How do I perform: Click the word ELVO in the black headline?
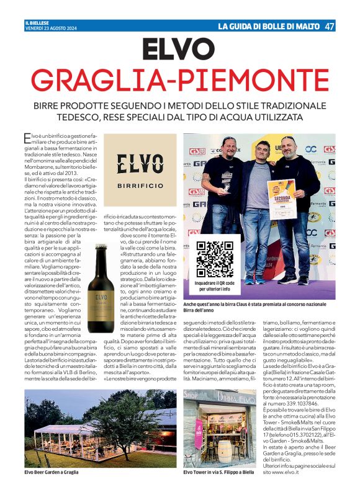pos(179,49)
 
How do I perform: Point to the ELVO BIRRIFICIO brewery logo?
pos(140,169)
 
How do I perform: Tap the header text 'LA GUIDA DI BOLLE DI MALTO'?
pos(268,26)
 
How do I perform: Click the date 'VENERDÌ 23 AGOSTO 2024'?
pos(50,29)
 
